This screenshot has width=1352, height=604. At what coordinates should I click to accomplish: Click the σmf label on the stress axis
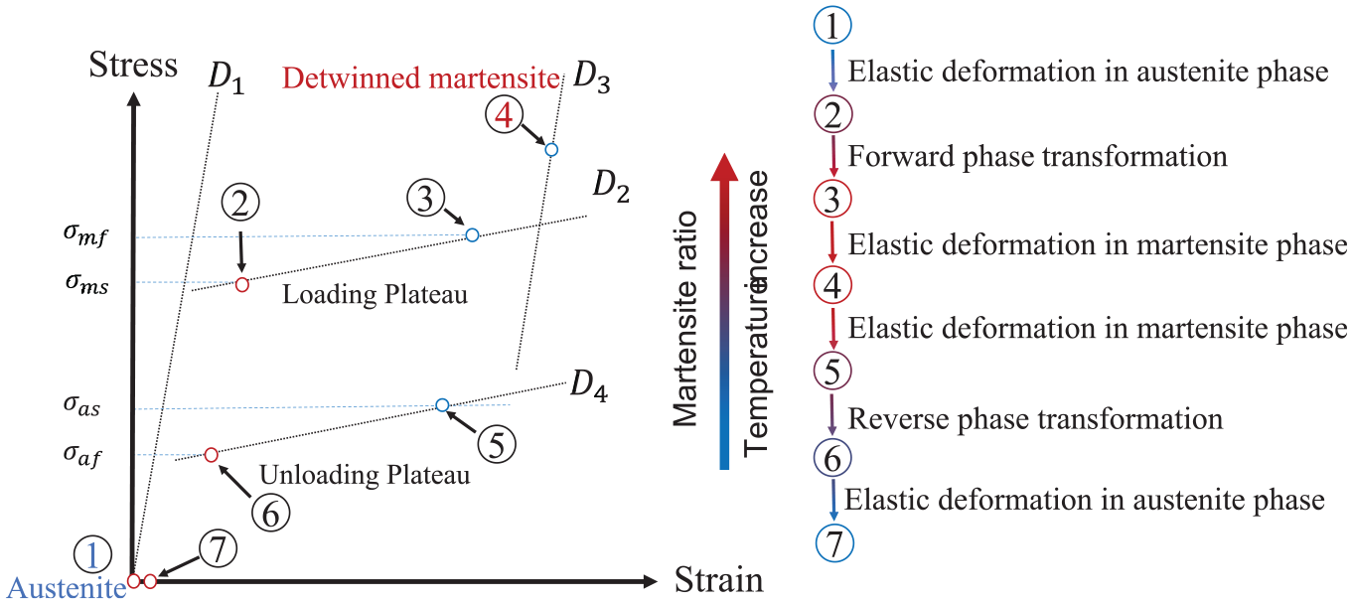(85, 235)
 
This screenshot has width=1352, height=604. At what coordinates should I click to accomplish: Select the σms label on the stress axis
(86, 283)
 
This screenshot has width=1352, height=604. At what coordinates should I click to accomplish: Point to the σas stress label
(81, 406)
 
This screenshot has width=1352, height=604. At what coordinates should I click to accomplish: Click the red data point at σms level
(242, 285)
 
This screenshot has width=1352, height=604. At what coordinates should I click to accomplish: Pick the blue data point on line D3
(551, 150)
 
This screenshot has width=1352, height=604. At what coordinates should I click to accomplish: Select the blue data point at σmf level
(472, 234)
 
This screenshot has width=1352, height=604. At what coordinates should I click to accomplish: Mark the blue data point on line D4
(442, 405)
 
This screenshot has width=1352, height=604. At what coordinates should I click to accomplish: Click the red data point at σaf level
(211, 455)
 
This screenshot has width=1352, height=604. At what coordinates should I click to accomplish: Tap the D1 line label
(226, 78)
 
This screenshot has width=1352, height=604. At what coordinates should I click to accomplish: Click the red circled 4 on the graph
(504, 114)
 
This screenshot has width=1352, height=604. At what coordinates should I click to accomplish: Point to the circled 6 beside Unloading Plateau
(270, 514)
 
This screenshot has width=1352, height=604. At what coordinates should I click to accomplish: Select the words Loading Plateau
(375, 294)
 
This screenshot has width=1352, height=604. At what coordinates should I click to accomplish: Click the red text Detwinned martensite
(420, 78)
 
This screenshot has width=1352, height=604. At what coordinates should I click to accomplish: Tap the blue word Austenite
(67, 588)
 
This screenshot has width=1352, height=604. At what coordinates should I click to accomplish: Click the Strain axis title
(719, 580)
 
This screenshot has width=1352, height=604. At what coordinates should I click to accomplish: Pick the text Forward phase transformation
(1037, 156)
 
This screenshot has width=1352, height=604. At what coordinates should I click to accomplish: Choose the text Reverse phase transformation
(1035, 419)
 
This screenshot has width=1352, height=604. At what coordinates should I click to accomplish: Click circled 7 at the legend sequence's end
(834, 543)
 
